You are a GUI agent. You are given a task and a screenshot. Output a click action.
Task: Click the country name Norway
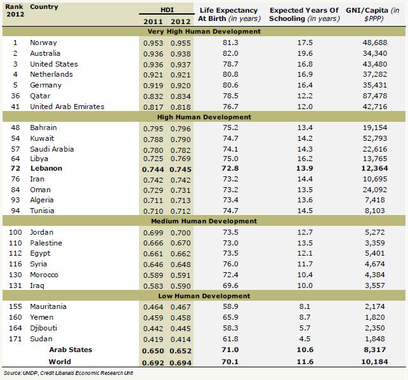[x=44, y=43]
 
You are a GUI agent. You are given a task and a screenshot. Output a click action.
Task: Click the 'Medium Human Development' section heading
[x=204, y=221]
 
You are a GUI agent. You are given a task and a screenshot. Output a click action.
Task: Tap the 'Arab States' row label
[x=70, y=350]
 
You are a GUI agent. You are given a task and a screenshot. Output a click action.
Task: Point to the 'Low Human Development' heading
[x=204, y=296]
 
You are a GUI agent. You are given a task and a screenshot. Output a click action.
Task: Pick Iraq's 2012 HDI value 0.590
[x=180, y=285]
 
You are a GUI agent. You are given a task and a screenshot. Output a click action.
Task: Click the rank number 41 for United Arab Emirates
[x=15, y=107]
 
